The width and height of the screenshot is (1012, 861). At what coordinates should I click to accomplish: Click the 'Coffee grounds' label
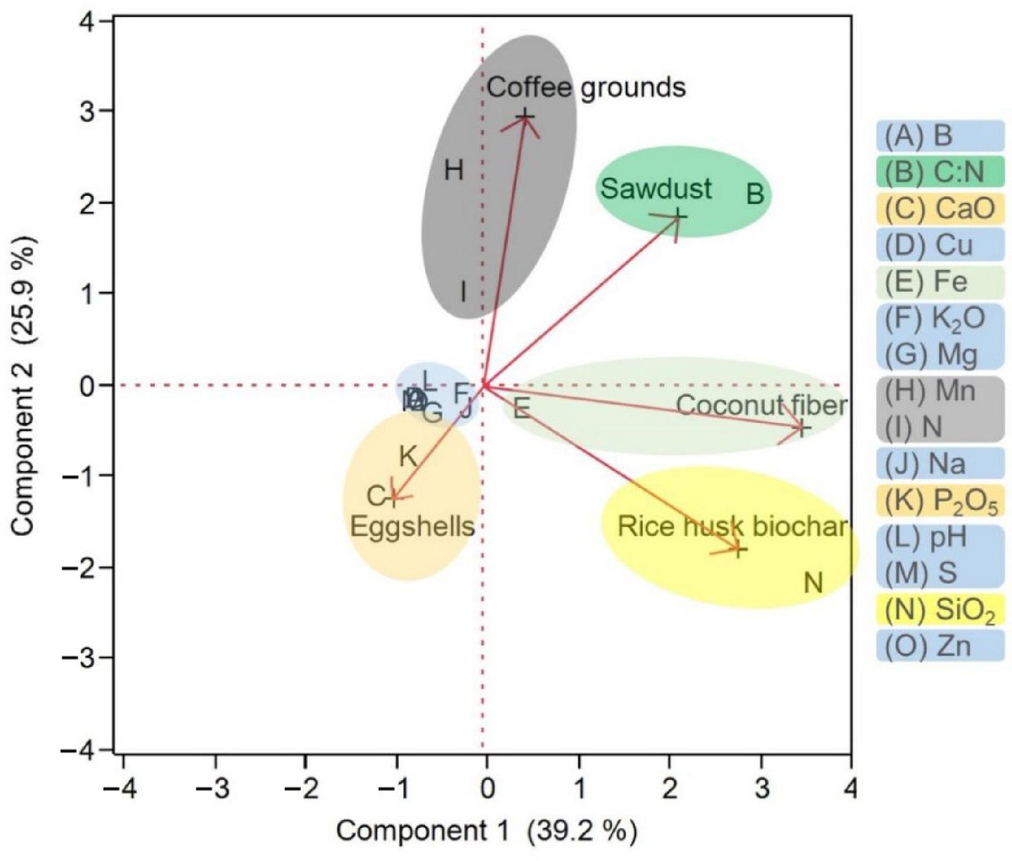(586, 87)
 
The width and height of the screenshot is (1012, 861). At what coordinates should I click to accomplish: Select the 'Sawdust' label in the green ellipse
(656, 188)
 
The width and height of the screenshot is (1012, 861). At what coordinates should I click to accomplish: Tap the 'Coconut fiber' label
(761, 405)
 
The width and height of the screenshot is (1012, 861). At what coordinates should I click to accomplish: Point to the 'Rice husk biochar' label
(732, 526)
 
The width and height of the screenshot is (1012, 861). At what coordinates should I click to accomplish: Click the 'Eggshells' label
(412, 527)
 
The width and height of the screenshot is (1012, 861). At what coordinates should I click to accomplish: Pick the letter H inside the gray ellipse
(454, 171)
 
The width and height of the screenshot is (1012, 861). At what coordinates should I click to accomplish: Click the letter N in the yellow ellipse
(813, 582)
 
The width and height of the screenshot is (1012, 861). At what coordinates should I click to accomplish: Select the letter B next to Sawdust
(755, 194)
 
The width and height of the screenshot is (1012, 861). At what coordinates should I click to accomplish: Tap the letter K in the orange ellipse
(407, 457)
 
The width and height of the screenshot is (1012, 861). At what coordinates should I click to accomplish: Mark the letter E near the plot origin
(521, 409)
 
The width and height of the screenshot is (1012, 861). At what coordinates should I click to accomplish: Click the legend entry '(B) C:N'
(939, 171)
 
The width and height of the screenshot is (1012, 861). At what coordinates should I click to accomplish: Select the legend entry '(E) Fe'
(939, 281)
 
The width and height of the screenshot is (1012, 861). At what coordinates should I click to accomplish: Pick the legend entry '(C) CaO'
(939, 208)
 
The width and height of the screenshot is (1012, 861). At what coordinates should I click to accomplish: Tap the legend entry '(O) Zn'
(939, 647)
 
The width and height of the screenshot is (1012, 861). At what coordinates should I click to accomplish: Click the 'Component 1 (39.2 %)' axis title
(487, 831)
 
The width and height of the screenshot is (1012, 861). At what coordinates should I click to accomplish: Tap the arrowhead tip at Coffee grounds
(526, 116)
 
